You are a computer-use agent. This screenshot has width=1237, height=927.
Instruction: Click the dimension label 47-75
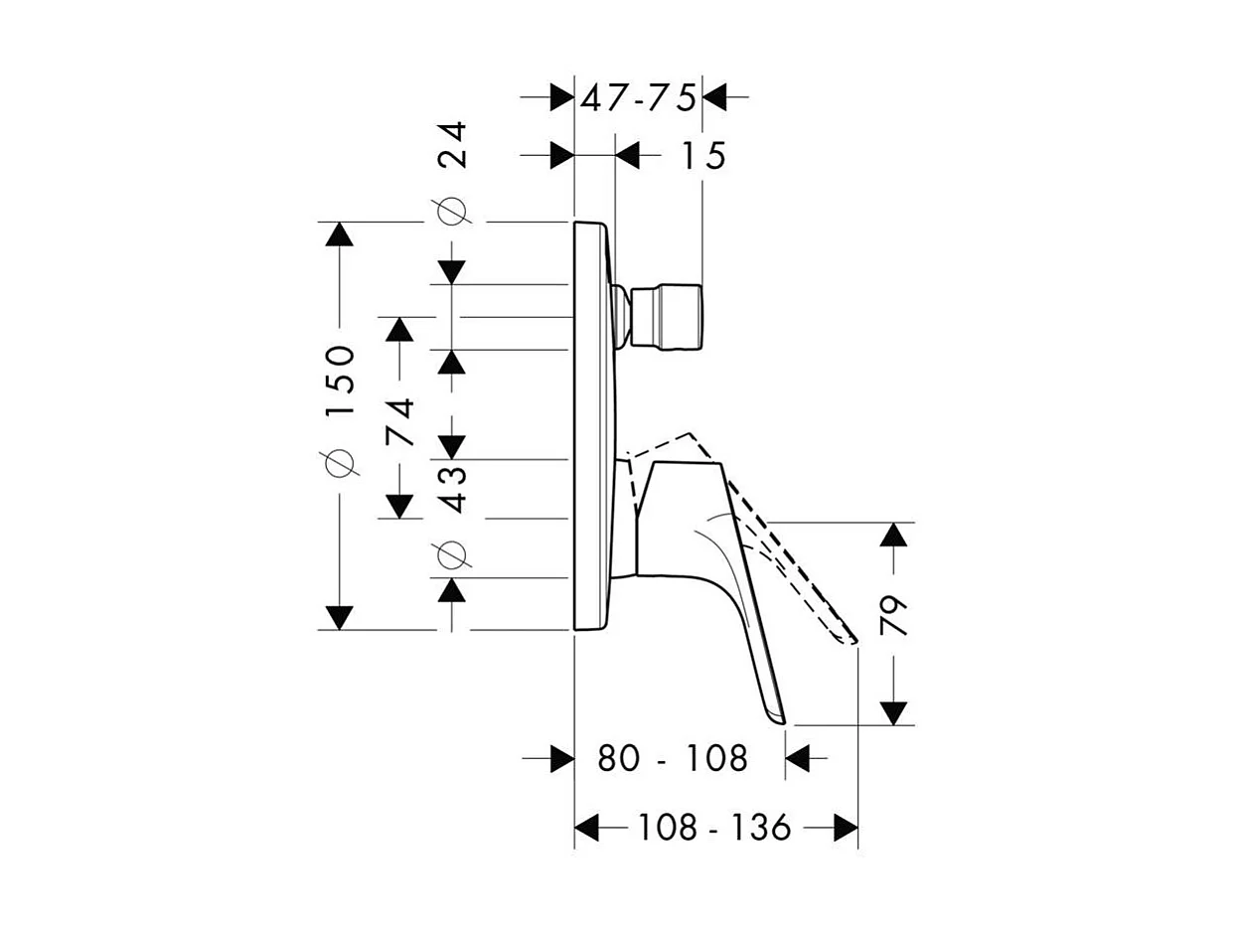tap(638, 98)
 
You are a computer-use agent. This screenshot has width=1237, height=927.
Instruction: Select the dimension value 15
tap(703, 156)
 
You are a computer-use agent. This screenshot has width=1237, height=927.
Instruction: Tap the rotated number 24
tap(452, 144)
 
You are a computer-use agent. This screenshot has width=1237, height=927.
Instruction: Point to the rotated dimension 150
tap(340, 382)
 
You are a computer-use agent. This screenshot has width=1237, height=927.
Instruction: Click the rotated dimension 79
tap(893, 617)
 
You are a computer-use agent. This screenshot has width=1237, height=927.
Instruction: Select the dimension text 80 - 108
tap(673, 759)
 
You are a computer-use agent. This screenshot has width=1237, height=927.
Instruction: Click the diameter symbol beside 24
tap(452, 212)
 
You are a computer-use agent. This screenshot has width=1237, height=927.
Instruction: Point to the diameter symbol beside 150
tap(340, 462)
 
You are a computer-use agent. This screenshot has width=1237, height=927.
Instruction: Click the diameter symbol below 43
tap(452, 555)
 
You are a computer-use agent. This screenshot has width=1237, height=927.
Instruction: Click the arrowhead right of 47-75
tap(714, 98)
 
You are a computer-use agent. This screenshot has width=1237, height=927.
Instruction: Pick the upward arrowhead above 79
tap(893, 535)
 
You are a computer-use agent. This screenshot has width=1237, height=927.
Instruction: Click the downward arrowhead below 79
tap(893, 712)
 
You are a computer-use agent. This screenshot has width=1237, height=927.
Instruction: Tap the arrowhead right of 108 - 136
tap(846, 827)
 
